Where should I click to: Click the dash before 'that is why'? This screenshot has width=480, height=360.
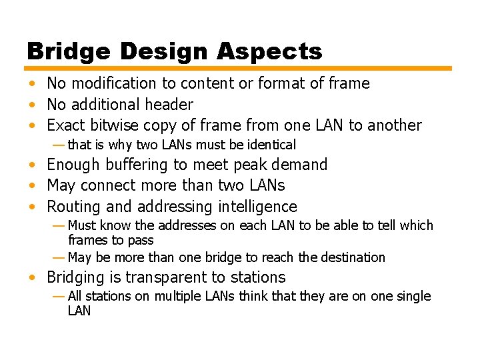point(59,145)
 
